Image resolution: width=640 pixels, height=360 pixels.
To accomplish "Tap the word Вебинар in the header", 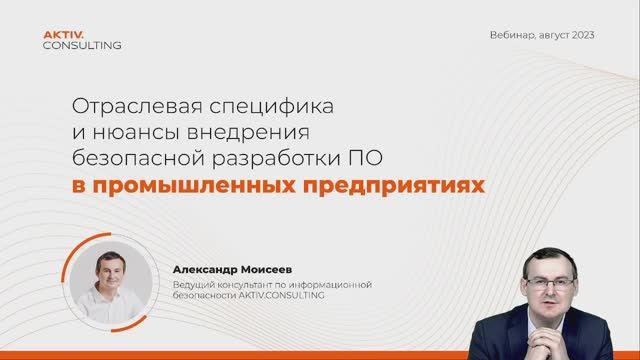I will [x=513, y=35].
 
